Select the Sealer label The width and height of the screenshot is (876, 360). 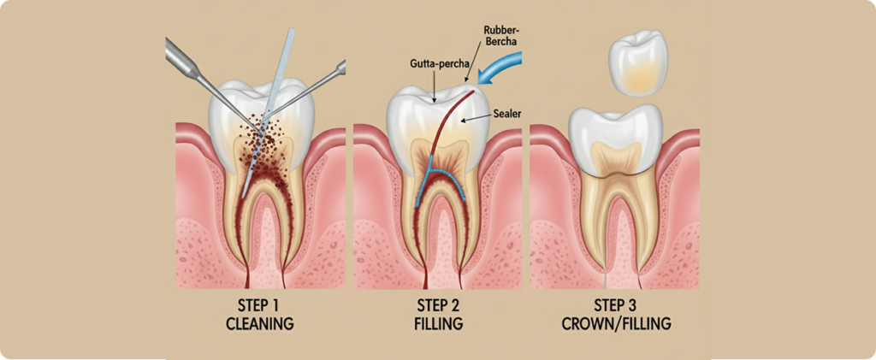point(506,114)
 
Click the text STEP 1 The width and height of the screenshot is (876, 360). point(259,306)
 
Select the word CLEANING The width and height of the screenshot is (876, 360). point(259,324)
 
